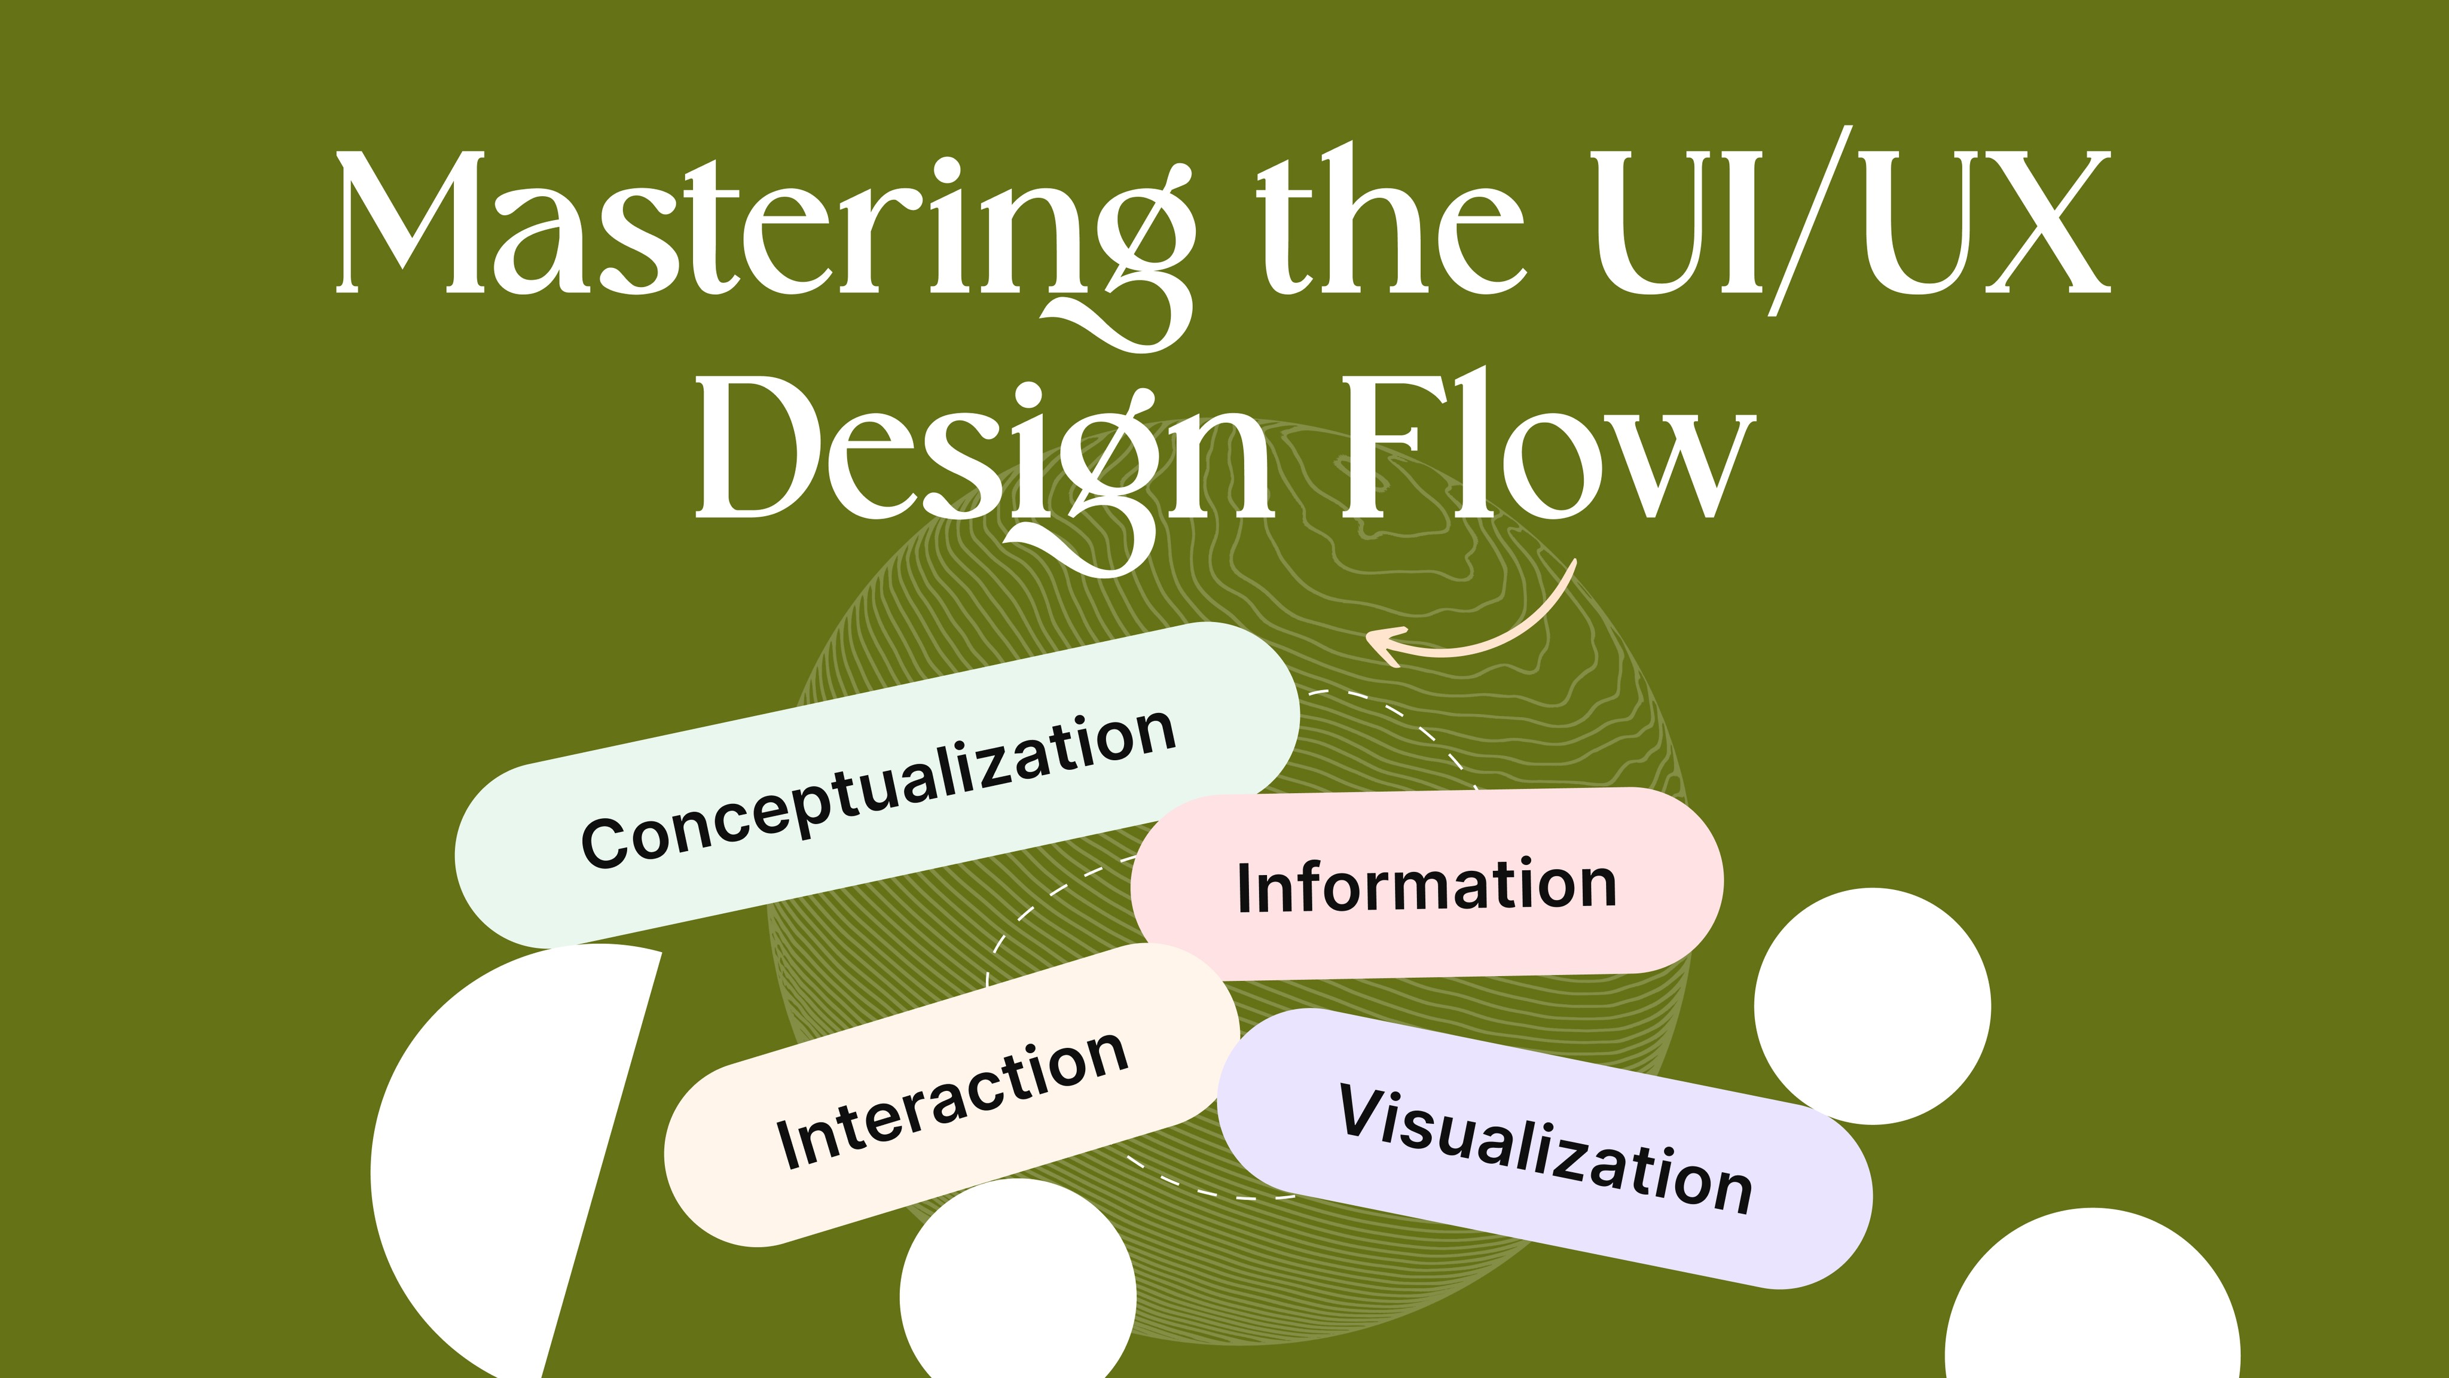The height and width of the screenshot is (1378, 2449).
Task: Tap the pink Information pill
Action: pyautogui.click(x=1426, y=885)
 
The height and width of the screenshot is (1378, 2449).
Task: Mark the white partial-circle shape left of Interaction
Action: pyautogui.click(x=494, y=1160)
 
